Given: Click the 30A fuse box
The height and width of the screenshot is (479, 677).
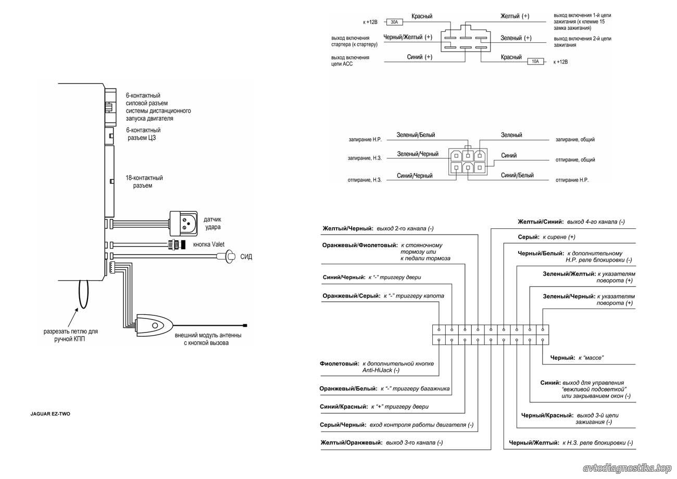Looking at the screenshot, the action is click(394, 22).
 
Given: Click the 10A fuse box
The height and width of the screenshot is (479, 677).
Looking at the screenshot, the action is click(535, 62).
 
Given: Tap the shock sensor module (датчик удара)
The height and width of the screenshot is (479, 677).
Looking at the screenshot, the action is click(183, 224).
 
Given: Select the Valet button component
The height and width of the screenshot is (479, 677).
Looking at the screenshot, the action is click(177, 244).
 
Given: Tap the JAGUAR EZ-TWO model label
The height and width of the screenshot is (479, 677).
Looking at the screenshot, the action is click(50, 414).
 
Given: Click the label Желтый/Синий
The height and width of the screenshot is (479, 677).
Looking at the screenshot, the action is click(541, 222).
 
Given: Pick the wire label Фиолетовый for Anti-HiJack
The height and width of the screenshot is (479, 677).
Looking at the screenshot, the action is click(340, 363).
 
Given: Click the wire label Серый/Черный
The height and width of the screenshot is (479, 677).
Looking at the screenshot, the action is click(343, 425).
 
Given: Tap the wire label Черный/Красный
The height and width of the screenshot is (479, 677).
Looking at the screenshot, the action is click(547, 415).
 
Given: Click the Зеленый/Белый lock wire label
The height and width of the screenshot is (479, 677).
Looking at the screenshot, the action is click(416, 135).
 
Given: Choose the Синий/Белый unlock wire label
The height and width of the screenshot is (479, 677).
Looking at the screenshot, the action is click(517, 175).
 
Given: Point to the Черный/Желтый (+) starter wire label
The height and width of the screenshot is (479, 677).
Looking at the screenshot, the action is click(408, 37).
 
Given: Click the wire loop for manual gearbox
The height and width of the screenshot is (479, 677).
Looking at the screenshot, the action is click(83, 294).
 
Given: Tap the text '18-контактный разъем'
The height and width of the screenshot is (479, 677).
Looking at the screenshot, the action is click(144, 181).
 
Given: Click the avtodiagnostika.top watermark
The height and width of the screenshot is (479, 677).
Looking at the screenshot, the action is click(627, 469).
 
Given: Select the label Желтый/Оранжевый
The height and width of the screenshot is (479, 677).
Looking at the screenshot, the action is click(352, 443).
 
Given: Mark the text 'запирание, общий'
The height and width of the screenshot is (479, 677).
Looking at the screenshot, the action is click(575, 139).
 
